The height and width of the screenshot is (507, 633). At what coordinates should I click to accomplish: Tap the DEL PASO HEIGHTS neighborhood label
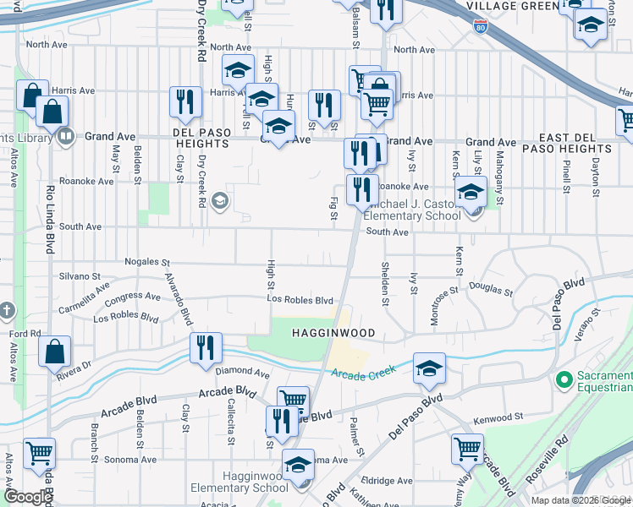[201, 138]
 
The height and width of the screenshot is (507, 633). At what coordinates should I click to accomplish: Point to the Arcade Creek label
[365, 374]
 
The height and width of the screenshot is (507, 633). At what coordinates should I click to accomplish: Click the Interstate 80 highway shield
[481, 28]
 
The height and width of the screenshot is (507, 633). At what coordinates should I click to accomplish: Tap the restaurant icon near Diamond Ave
[206, 347]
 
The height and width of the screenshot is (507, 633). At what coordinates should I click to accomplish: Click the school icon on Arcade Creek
[429, 368]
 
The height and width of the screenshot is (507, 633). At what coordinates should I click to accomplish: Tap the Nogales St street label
[147, 262]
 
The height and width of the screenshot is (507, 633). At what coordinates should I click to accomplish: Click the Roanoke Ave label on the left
[92, 181]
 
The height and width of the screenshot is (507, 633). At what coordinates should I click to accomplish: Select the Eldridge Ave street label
[387, 481]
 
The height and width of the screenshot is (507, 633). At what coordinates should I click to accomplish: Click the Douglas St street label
[490, 288]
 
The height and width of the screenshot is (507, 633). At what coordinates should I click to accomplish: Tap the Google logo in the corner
[28, 497]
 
